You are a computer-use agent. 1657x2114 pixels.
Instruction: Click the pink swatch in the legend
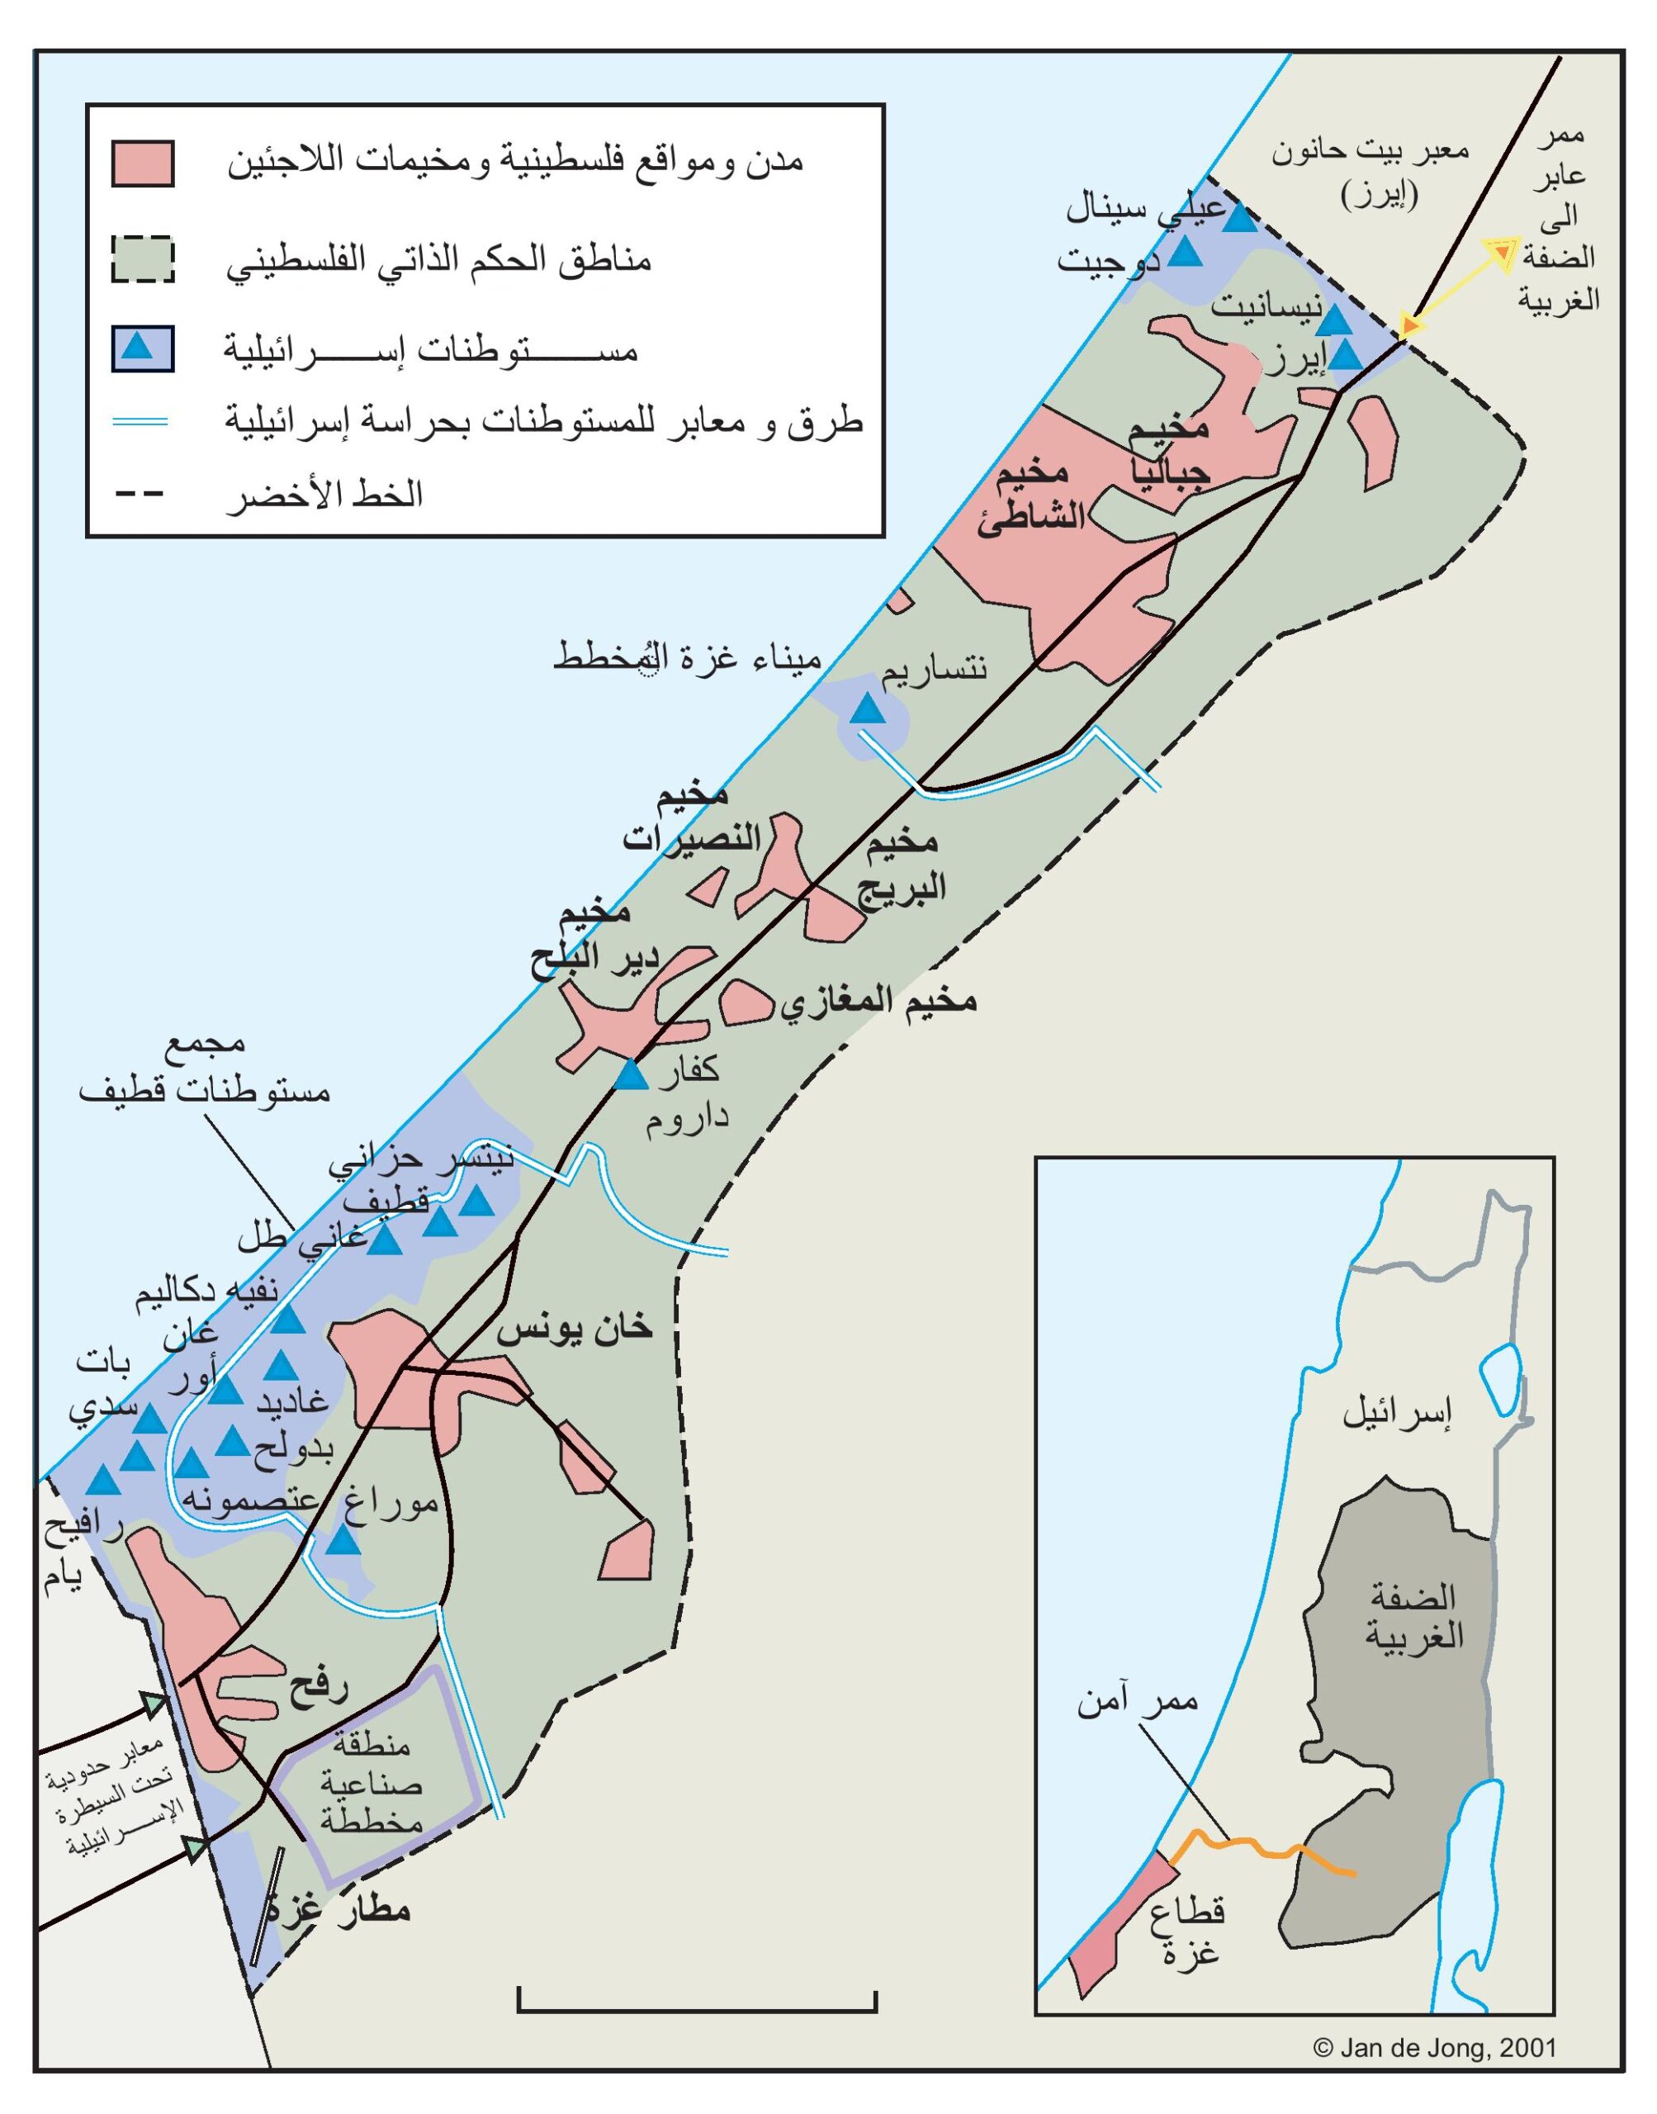[143, 163]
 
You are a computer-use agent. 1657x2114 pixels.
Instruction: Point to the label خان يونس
[575, 1328]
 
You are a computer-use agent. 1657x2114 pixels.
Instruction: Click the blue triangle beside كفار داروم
[632, 1075]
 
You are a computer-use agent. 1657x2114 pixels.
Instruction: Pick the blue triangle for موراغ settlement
[342, 1539]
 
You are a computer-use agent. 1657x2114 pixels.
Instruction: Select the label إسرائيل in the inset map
[1397, 1415]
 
